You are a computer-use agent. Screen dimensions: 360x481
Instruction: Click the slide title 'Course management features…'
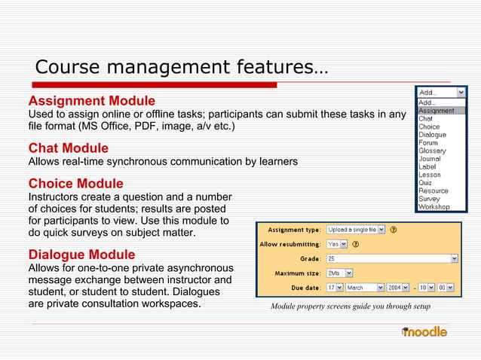(x=181, y=67)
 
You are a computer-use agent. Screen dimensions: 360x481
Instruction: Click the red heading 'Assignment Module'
(x=91, y=101)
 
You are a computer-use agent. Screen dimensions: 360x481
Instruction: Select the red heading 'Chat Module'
(x=68, y=148)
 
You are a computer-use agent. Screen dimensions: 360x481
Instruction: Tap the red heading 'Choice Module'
(x=75, y=184)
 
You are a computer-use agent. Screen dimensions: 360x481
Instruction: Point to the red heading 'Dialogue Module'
(x=81, y=255)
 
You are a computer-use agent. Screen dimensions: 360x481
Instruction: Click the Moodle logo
(x=424, y=331)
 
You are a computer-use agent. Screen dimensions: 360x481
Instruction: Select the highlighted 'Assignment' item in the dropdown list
(x=437, y=111)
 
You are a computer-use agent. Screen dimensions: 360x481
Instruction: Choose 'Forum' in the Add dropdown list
(x=428, y=143)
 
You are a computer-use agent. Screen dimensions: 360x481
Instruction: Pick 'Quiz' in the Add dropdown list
(x=426, y=182)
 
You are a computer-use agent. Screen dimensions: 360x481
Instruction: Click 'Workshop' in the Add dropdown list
(x=434, y=206)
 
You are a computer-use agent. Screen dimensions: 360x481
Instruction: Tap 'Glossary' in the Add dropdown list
(x=432, y=151)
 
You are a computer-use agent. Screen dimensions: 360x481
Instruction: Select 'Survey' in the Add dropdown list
(x=430, y=198)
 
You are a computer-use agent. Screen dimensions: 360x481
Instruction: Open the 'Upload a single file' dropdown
(x=355, y=229)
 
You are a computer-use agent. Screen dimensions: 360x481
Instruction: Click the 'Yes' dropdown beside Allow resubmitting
(x=336, y=244)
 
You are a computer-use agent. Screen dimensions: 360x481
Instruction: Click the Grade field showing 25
(x=391, y=258)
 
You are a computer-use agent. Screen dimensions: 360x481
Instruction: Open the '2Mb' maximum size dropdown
(x=339, y=273)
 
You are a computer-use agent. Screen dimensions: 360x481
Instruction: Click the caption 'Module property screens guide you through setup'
(x=350, y=307)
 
